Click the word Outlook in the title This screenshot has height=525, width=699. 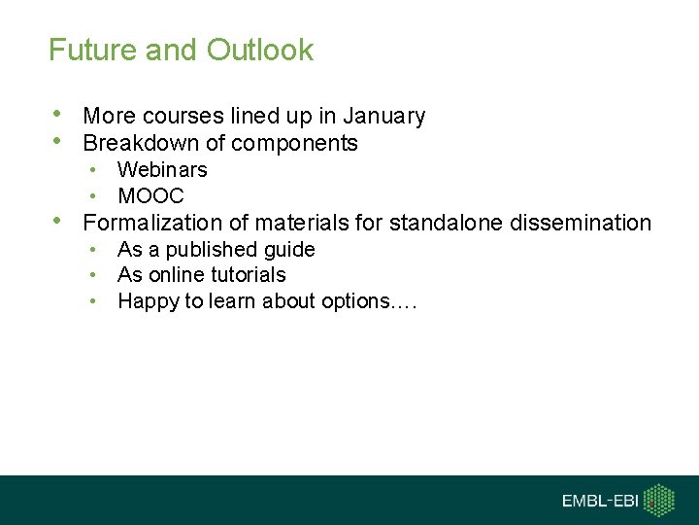click(258, 50)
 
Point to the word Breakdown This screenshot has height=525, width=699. click(142, 144)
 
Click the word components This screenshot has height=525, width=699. click(297, 144)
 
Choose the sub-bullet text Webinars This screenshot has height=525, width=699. click(162, 170)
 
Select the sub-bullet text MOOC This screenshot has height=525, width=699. click(150, 196)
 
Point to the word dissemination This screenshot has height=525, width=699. click(580, 223)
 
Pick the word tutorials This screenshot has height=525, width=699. click(248, 275)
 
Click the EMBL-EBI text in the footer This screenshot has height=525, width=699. click(602, 501)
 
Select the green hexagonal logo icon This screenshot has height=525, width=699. click(661, 500)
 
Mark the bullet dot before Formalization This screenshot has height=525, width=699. click(62, 221)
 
